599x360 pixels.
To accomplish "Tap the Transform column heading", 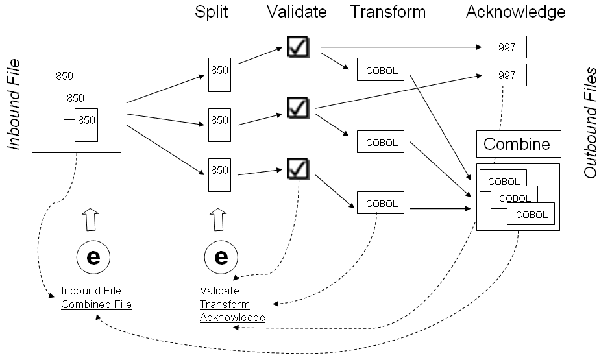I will [388, 12].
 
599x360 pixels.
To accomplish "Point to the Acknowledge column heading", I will [515, 12].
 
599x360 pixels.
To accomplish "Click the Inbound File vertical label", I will [14, 104].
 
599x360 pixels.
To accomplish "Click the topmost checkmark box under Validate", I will [298, 46].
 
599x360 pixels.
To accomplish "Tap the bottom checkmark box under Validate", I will [298, 169].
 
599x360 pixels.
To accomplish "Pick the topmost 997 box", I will [507, 47].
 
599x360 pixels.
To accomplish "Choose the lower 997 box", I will [507, 75].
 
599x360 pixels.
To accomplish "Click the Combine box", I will [518, 144].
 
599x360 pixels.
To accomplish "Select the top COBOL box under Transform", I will [381, 70].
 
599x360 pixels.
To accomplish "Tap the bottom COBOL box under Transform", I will [381, 203].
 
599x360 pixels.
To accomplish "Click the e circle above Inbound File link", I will [93, 258].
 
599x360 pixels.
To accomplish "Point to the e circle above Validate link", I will [221, 258].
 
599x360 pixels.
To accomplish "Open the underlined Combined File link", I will [96, 304].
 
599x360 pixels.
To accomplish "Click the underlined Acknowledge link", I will [232, 317].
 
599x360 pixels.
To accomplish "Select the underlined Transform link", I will [225, 304].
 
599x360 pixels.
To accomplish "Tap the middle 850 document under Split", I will [219, 121].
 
